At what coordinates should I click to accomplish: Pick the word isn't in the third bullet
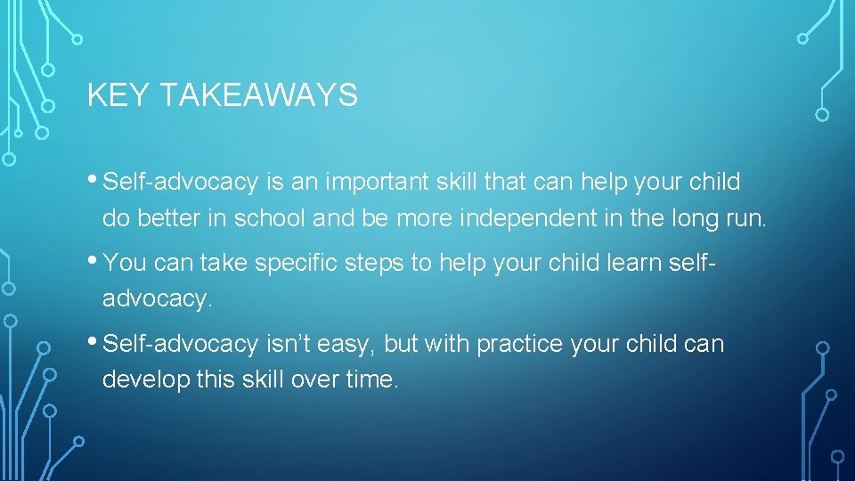coord(286,344)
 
